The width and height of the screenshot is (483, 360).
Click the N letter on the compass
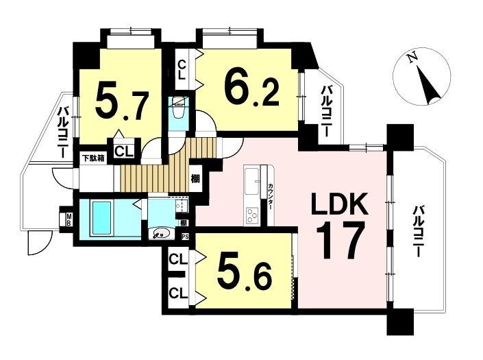(x=412, y=58)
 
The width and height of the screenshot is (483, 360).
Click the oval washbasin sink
(x=162, y=233)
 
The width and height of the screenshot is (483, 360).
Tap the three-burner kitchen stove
(x=251, y=215)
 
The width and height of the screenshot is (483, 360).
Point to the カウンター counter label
(x=270, y=197)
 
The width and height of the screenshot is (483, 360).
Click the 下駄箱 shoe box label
(x=93, y=158)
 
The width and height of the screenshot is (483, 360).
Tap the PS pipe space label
(x=185, y=237)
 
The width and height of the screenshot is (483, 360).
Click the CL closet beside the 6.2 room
(x=182, y=70)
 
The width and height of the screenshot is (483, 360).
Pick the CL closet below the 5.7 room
(x=124, y=152)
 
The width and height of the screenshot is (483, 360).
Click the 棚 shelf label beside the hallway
(x=195, y=179)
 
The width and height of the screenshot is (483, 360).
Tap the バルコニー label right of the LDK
(x=418, y=232)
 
